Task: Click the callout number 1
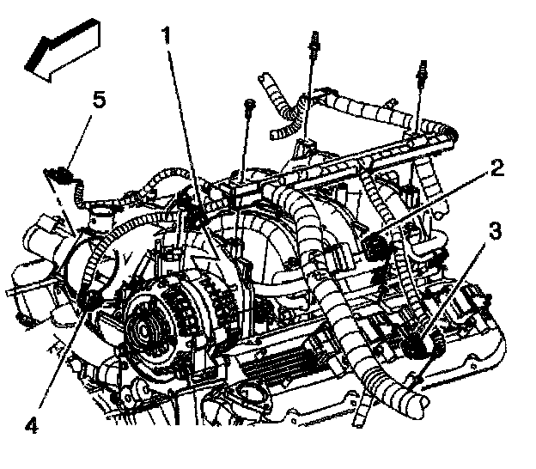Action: click(x=170, y=36)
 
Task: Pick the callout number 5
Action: click(x=100, y=100)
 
